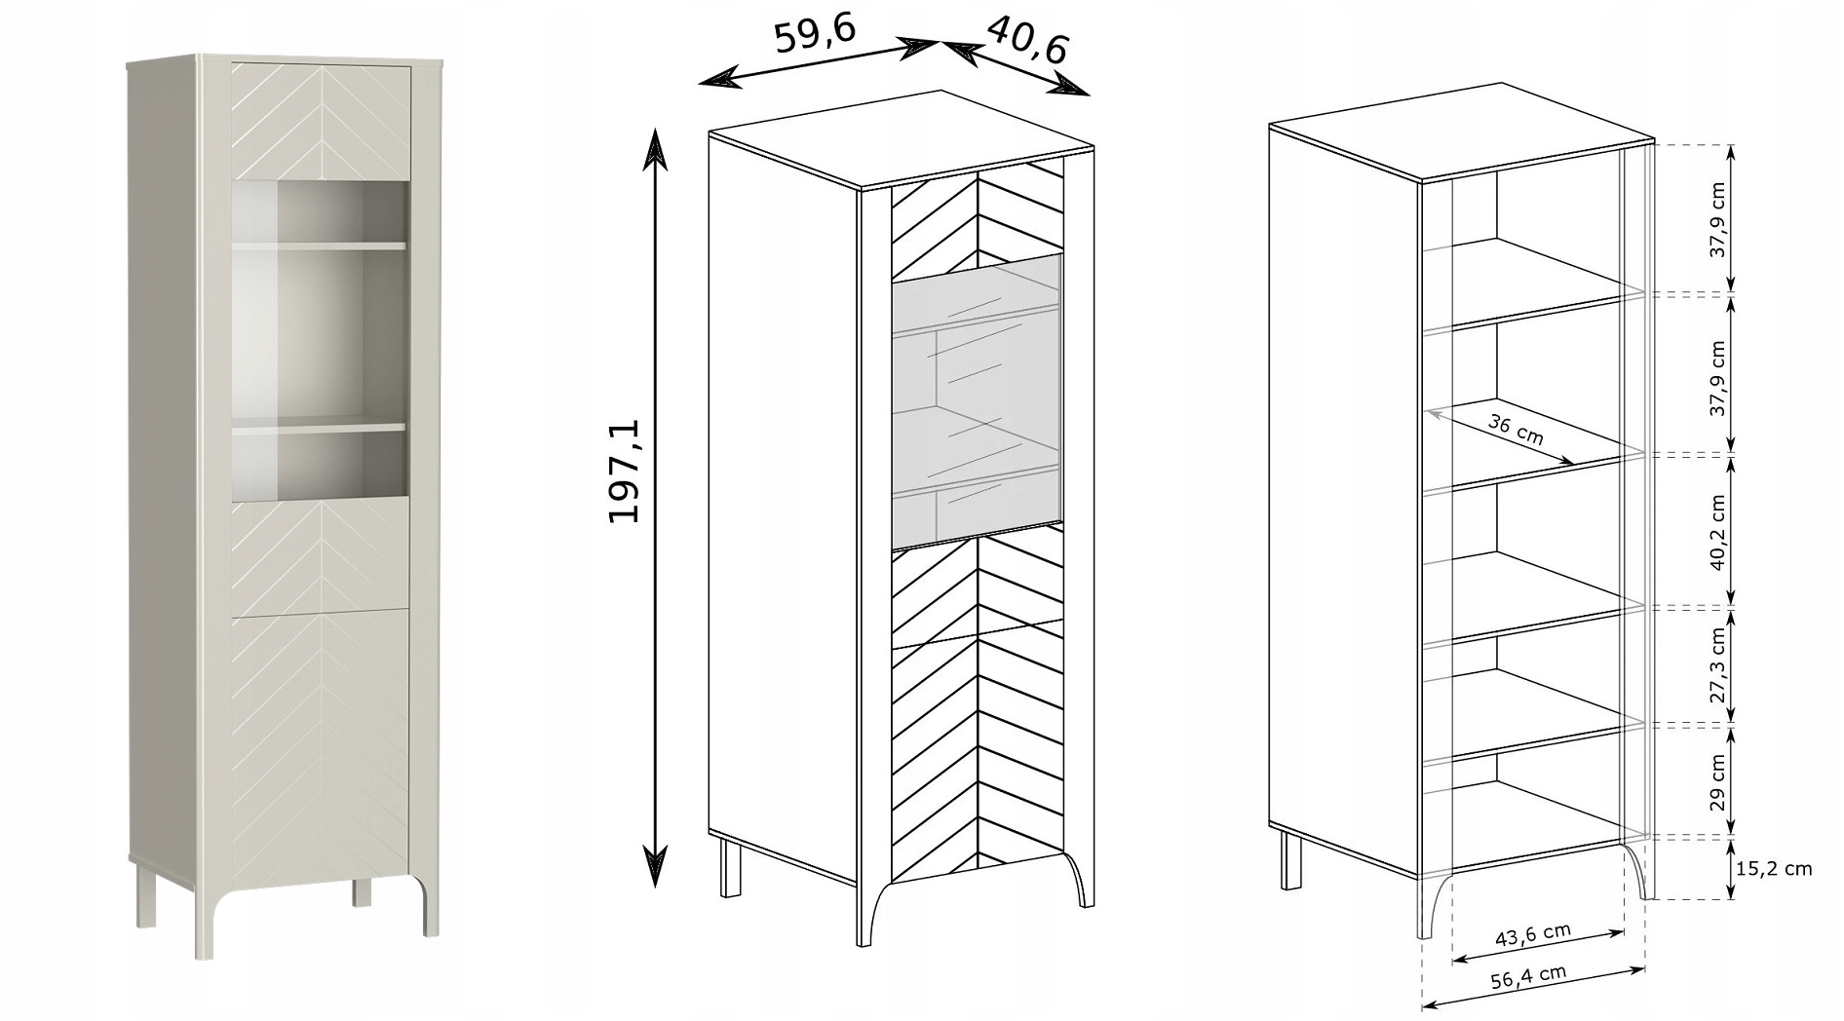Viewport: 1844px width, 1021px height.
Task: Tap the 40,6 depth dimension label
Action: point(1028,38)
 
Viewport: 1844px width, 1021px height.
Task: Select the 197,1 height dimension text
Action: point(624,472)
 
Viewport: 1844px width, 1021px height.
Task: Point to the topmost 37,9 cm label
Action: point(1717,220)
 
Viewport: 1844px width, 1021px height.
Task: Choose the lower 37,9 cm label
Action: point(1717,378)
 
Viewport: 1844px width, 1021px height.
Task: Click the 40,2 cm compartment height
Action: point(1717,532)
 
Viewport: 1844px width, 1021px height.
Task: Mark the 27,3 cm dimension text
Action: point(1717,664)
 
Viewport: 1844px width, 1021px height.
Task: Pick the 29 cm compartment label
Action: point(1717,781)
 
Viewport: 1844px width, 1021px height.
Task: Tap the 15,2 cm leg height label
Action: point(1774,868)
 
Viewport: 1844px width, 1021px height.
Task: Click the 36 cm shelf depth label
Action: point(1517,429)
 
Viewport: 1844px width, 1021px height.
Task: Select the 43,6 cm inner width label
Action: point(1533,935)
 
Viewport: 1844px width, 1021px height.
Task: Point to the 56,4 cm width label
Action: point(1527,977)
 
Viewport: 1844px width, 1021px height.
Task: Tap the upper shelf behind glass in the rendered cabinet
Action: point(319,246)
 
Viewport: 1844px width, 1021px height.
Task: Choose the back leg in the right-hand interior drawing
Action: point(1291,859)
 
